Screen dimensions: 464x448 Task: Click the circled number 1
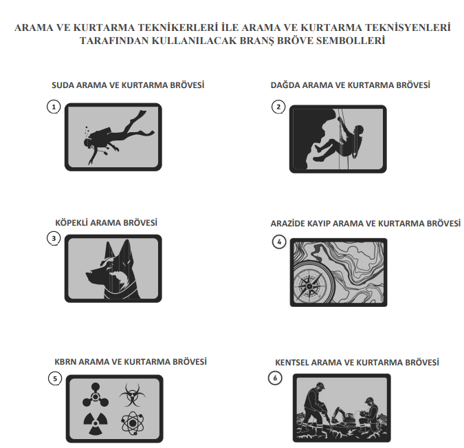pos(54,107)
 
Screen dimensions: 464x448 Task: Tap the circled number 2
pos(278,107)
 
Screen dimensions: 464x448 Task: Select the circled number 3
pos(54,238)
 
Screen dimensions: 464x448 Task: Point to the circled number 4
pos(279,242)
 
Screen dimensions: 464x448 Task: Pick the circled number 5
pos(55,378)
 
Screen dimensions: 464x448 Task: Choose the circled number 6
pos(275,378)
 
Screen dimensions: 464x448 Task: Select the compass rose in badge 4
pos(309,286)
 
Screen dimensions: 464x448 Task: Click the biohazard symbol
pos(132,395)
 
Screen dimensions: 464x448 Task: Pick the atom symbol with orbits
pos(133,423)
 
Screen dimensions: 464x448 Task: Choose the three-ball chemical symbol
pos(96,395)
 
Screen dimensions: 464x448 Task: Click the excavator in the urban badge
pos(343,416)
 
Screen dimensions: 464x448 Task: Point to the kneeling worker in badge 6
pos(368,415)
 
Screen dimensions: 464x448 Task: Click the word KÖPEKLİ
pos(71,222)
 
